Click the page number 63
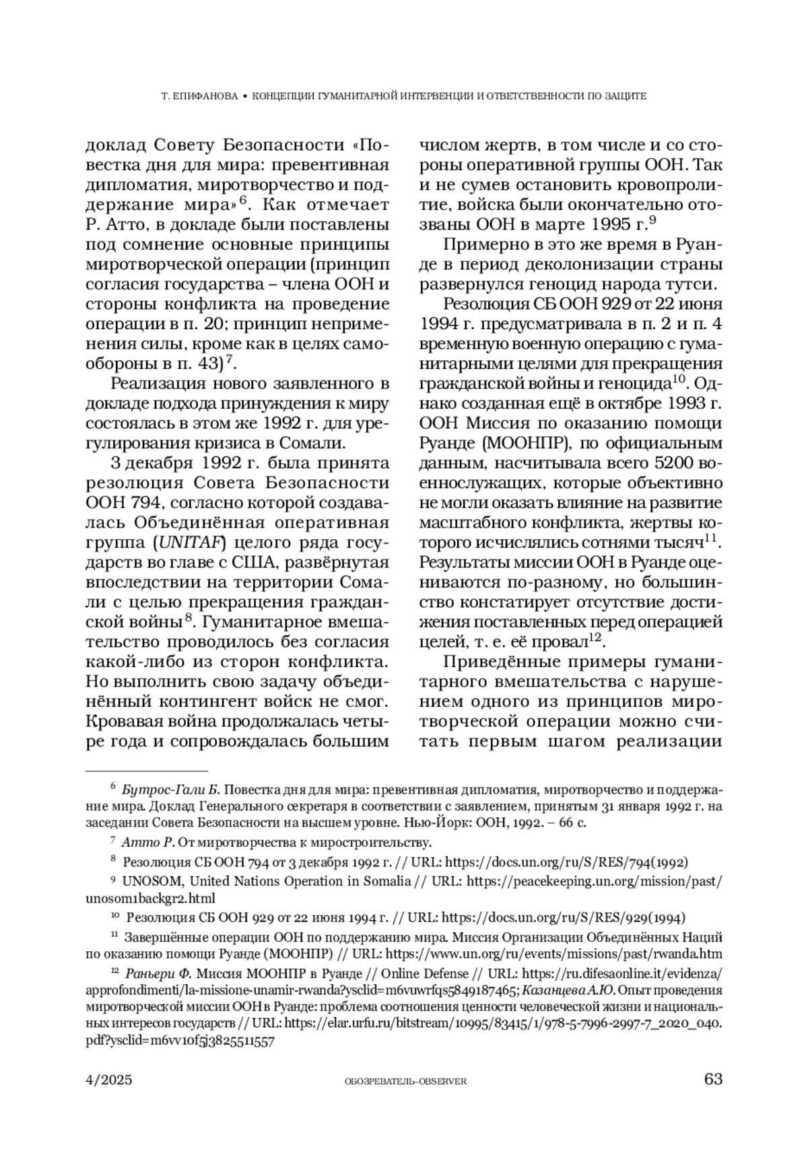pos(712,1079)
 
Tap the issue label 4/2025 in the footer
pos(109,1080)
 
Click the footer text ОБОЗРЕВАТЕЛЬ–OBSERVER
pos(405,1081)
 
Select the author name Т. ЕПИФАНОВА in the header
pos(200,96)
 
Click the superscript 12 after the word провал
pos(595,637)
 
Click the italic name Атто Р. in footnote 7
pos(148,842)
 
